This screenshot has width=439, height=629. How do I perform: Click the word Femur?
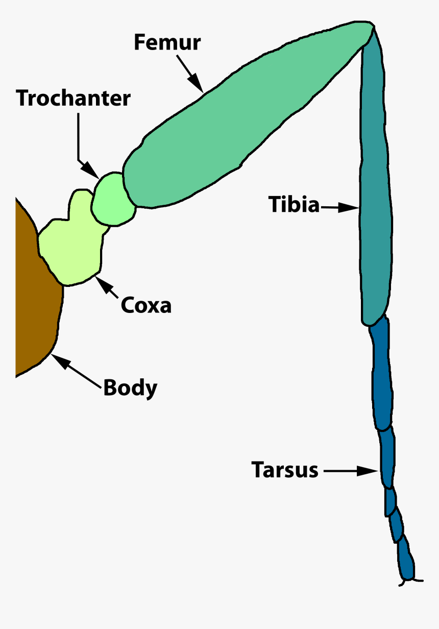pyautogui.click(x=167, y=43)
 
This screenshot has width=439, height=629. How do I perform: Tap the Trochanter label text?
pyautogui.click(x=74, y=98)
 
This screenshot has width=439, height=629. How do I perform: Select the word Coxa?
pyautogui.click(x=146, y=305)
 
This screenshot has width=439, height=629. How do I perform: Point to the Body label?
pyautogui.click(x=130, y=388)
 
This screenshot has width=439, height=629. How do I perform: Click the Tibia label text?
pyautogui.click(x=294, y=205)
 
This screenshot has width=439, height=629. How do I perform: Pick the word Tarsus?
pyautogui.click(x=285, y=470)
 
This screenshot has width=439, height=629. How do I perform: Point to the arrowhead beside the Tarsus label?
pyautogui.click(x=369, y=471)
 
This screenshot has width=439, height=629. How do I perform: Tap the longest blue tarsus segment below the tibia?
pyautogui.click(x=382, y=373)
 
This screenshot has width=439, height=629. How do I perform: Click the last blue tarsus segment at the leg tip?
pyautogui.click(x=406, y=562)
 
